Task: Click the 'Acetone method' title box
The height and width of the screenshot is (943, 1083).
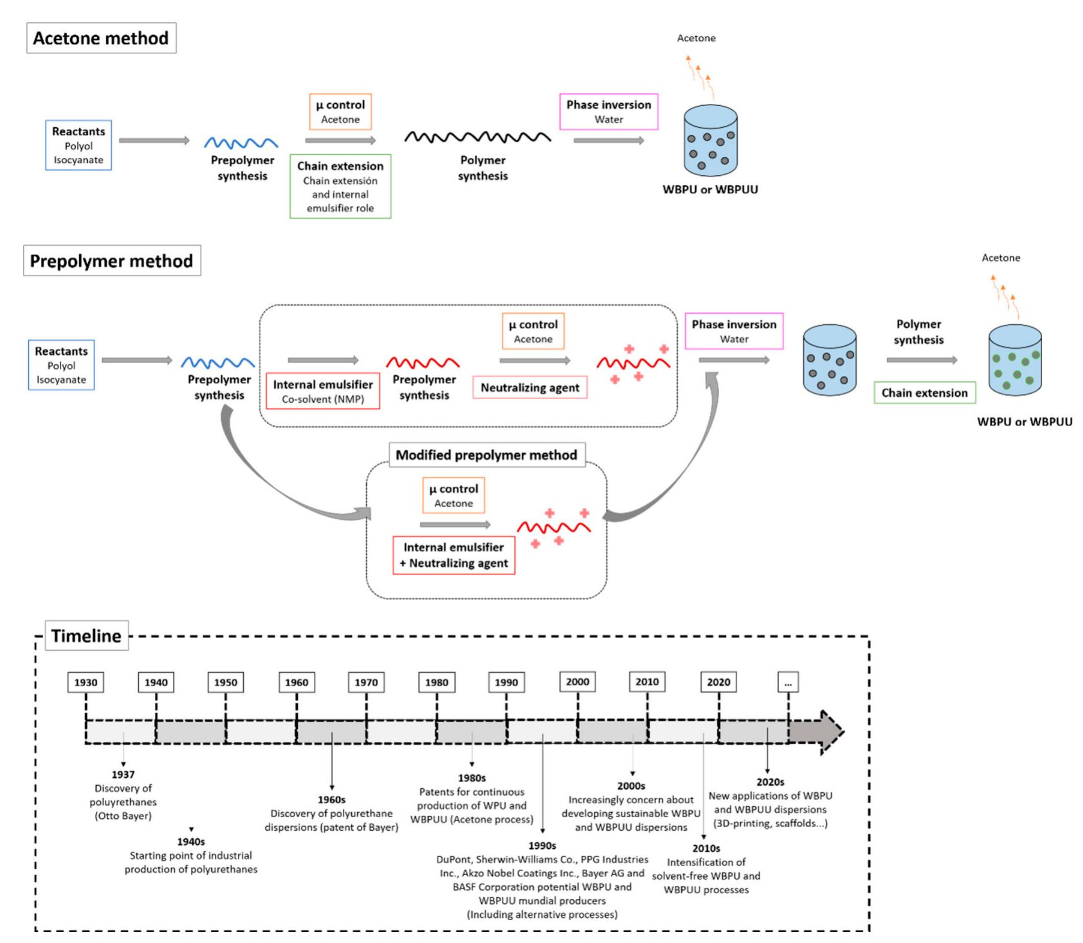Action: click(x=101, y=38)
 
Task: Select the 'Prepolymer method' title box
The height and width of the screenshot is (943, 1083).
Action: click(x=112, y=261)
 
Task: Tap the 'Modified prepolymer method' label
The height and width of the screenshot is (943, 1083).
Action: click(x=486, y=455)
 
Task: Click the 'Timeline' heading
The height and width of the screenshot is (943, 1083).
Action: click(x=86, y=636)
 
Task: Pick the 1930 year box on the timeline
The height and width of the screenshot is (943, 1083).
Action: click(x=86, y=682)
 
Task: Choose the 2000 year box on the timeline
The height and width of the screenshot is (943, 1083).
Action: click(x=577, y=682)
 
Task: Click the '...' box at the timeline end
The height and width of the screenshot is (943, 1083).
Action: click(x=788, y=682)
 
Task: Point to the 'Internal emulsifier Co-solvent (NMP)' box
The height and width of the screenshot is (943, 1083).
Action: click(x=323, y=391)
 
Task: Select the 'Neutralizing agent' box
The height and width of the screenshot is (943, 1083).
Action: click(x=529, y=388)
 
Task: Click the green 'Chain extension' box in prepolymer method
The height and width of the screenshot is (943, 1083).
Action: click(x=925, y=393)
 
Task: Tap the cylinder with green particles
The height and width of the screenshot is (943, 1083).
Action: click(x=1015, y=360)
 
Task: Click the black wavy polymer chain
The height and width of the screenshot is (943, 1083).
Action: click(x=478, y=137)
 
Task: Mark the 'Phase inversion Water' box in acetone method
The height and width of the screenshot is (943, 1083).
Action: click(x=609, y=112)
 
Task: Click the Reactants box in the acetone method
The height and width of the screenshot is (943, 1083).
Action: click(x=79, y=145)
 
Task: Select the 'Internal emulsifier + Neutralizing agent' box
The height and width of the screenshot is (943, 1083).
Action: click(x=454, y=555)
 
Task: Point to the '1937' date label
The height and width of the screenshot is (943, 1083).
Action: click(x=123, y=774)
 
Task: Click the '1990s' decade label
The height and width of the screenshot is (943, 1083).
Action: click(x=542, y=846)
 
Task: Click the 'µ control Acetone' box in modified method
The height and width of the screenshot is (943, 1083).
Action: click(x=453, y=496)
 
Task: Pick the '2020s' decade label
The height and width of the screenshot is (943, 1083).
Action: click(x=770, y=782)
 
